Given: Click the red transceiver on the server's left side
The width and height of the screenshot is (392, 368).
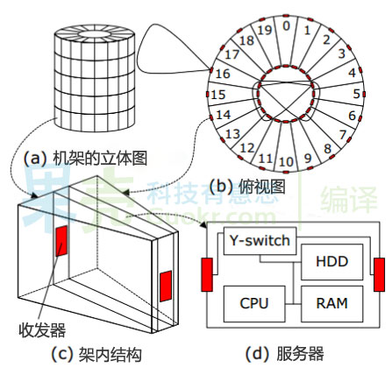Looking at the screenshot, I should [207, 273].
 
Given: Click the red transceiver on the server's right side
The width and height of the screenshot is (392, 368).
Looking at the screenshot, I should [379, 273].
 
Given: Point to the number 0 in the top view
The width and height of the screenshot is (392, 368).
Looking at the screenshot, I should [286, 26].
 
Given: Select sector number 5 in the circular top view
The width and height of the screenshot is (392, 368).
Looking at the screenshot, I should [357, 93].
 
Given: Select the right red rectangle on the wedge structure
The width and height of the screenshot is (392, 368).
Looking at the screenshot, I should [166, 286].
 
